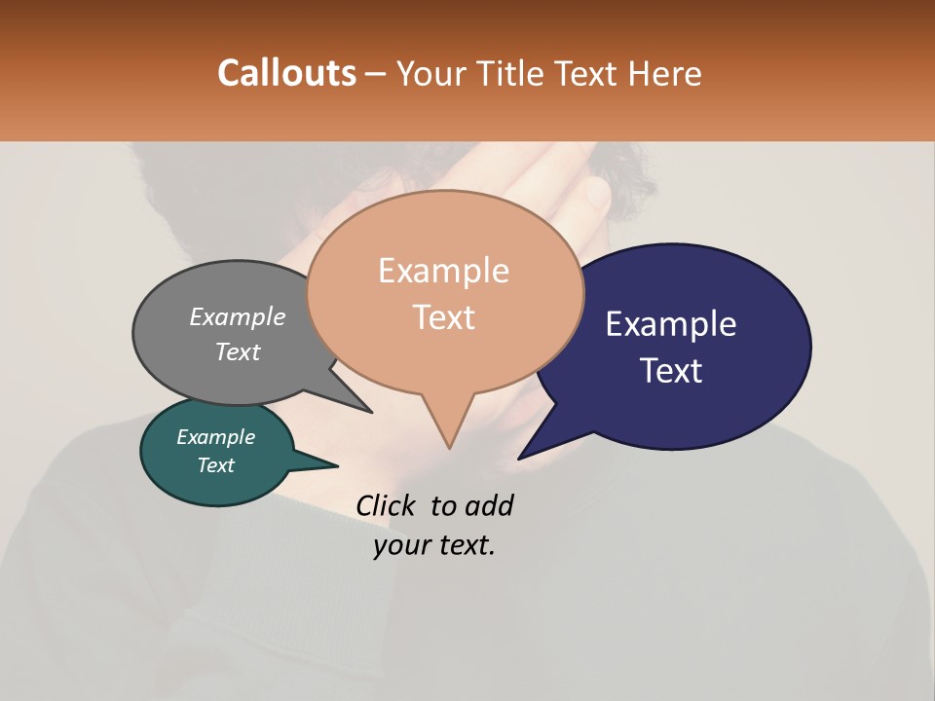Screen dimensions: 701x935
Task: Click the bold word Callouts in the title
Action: pos(286,73)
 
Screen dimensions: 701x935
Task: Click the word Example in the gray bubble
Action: pos(237,316)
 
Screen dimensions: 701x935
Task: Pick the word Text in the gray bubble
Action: pos(237,351)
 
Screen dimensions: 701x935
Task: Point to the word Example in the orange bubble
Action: pos(443,270)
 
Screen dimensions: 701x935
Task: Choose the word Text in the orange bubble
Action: pos(443,316)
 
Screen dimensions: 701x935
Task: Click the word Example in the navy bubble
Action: pos(671,323)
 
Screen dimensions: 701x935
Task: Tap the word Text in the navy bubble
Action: pos(671,370)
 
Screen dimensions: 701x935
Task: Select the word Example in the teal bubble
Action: pos(215,437)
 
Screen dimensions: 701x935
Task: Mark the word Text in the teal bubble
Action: pos(215,464)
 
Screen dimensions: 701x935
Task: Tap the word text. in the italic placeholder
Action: pos(465,545)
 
